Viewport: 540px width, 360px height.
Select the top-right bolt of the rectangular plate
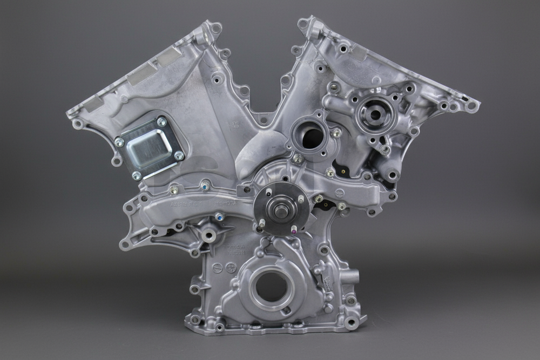(161, 122)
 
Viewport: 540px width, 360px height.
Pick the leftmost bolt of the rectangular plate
(119, 142)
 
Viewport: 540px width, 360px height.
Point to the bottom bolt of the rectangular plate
(137, 175)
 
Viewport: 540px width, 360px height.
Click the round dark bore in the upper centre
(312, 138)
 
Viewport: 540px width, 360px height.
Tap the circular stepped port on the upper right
(374, 113)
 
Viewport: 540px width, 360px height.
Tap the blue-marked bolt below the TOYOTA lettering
(219, 217)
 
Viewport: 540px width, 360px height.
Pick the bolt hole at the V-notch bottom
(264, 119)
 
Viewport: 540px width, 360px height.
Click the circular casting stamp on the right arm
(339, 192)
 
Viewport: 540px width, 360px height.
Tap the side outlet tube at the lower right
(353, 277)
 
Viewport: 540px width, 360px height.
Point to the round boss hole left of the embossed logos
(209, 235)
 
